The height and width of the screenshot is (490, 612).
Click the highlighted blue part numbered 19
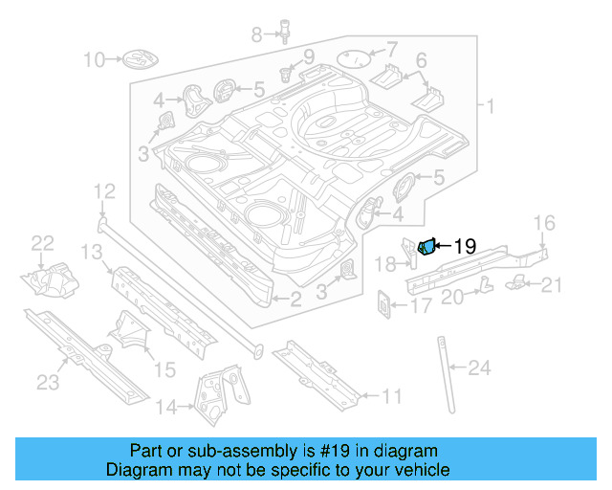(426, 248)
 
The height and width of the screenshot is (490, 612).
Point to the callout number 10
(94, 60)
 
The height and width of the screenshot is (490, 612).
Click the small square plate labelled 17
(385, 305)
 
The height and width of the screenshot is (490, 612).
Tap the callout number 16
(542, 224)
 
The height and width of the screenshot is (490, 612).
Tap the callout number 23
(48, 384)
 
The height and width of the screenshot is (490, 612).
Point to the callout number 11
(391, 395)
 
